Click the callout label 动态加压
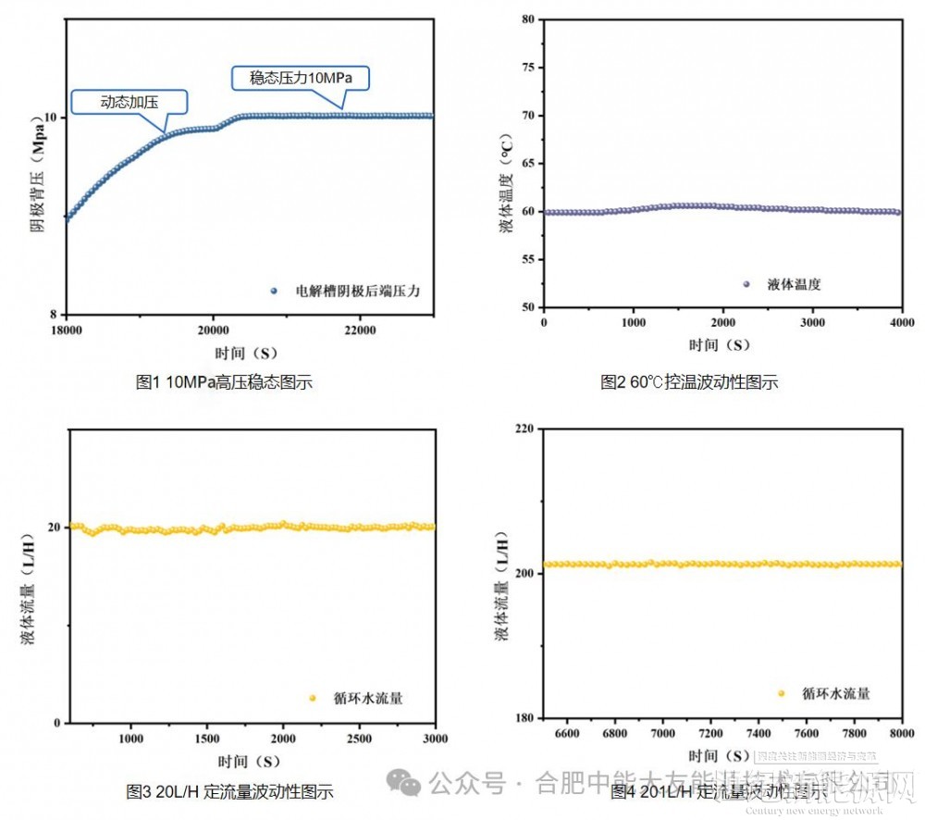(129, 101)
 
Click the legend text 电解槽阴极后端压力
(358, 291)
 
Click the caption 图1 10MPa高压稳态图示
(224, 381)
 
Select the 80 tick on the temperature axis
(527, 19)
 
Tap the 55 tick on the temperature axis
(527, 259)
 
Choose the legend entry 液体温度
(794, 284)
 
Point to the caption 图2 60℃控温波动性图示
(689, 381)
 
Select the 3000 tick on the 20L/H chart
(434, 739)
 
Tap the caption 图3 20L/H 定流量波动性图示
(229, 791)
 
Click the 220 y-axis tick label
(524, 429)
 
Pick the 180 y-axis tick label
(524, 718)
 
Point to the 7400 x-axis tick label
(758, 733)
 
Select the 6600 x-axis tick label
(566, 733)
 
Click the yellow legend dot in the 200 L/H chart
(782, 693)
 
